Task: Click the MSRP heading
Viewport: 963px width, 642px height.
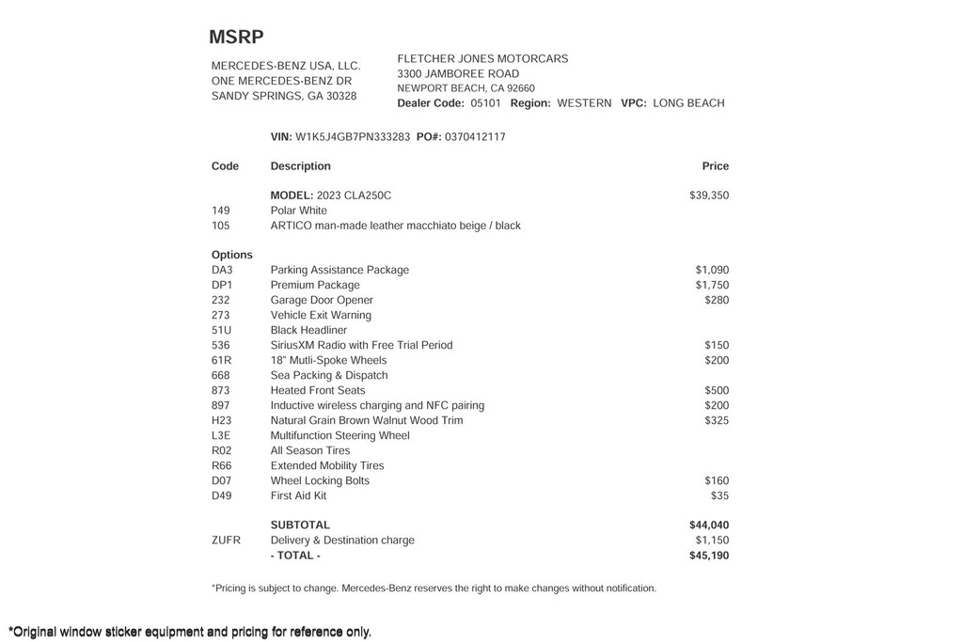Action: click(x=236, y=38)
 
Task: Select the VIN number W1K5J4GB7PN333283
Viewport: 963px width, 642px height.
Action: click(x=353, y=137)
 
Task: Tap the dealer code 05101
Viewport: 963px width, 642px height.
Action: click(x=485, y=103)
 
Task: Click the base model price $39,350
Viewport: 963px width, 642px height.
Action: click(x=708, y=196)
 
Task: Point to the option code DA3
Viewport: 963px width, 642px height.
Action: click(x=222, y=271)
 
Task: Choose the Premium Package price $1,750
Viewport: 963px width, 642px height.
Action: click(x=712, y=286)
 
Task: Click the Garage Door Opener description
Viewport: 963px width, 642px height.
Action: click(x=322, y=301)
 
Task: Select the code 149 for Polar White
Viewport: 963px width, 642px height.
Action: click(x=221, y=211)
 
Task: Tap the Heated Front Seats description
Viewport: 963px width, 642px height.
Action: click(x=318, y=391)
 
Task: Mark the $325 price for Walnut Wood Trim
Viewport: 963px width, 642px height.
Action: click(x=717, y=421)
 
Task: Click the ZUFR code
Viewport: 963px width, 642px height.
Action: click(x=226, y=540)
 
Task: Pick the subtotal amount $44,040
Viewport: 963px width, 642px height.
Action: click(x=708, y=525)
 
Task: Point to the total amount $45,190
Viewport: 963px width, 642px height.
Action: click(x=708, y=556)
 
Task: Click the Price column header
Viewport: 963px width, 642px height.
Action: click(x=715, y=166)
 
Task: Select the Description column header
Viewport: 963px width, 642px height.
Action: click(x=300, y=166)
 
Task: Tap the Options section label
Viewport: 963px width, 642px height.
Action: click(x=232, y=255)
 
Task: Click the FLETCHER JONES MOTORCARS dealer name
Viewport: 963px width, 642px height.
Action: click(x=482, y=59)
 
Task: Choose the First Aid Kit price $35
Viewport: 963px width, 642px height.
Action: click(x=719, y=496)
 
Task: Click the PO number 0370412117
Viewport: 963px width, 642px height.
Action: click(x=475, y=137)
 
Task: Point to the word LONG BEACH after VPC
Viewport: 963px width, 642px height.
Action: click(x=688, y=103)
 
